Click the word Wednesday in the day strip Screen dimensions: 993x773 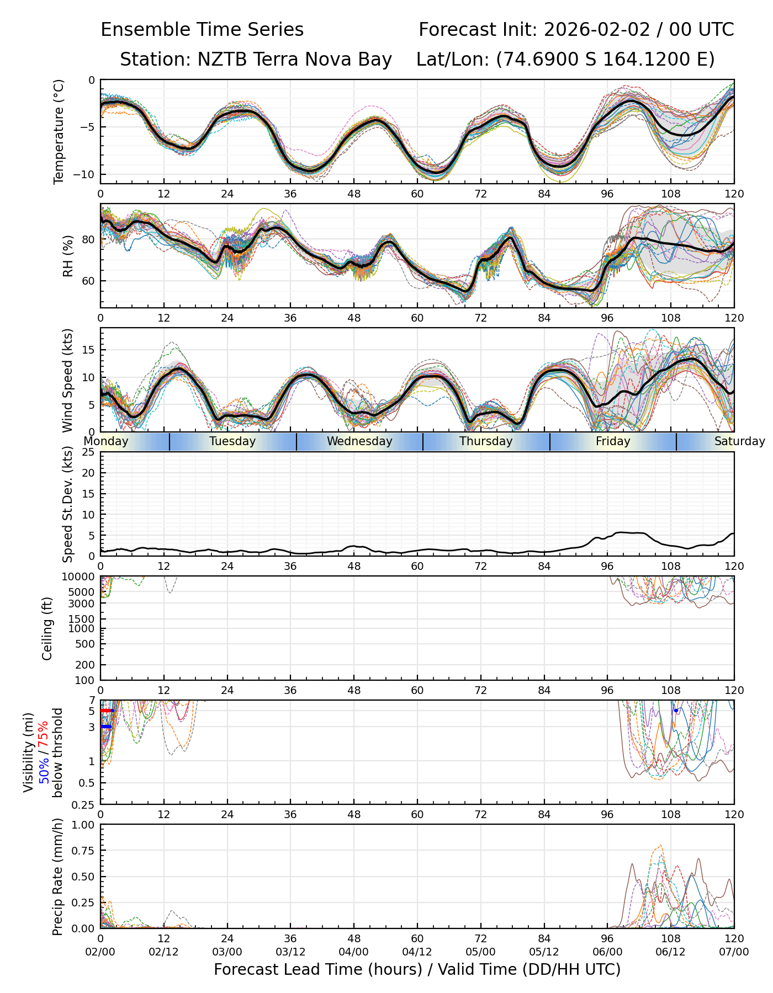pyautogui.click(x=359, y=441)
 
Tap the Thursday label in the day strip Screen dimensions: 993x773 pyautogui.click(x=486, y=441)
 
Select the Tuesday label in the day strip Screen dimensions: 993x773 pyautogui.click(x=232, y=441)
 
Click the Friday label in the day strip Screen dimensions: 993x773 pyautogui.click(x=613, y=441)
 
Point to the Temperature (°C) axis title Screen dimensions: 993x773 pyautogui.click(x=59, y=131)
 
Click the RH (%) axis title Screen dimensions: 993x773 pyautogui.click(x=68, y=255)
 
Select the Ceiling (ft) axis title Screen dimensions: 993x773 pyautogui.click(x=47, y=628)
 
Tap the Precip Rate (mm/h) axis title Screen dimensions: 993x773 pyautogui.click(x=58, y=877)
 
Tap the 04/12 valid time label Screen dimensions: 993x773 pyautogui.click(x=417, y=952)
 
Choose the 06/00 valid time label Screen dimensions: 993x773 pyautogui.click(x=607, y=952)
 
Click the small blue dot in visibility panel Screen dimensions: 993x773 pyautogui.click(x=676, y=711)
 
